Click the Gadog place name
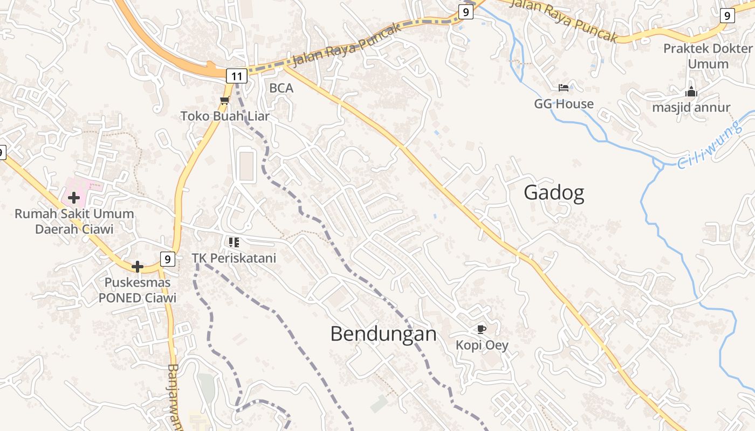pos(554,193)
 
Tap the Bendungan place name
pos(383,334)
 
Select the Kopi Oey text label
pos(482,345)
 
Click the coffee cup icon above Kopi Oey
pos(482,329)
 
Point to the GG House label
pos(564,104)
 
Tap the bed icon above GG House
pos(564,88)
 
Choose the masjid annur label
pos(691,107)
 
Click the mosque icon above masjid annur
pos(691,92)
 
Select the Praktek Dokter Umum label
pos(708,56)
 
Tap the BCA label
pos(282,88)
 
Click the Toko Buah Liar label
pos(225,116)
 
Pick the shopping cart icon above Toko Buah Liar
pos(224,100)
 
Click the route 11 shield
pos(237,76)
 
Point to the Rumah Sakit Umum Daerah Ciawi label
pos(74,221)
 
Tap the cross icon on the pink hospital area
pos(74,198)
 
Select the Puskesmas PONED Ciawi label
pos(138,290)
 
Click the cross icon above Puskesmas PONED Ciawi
pos(138,266)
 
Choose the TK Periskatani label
pos(234,258)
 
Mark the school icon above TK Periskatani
pos(234,242)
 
